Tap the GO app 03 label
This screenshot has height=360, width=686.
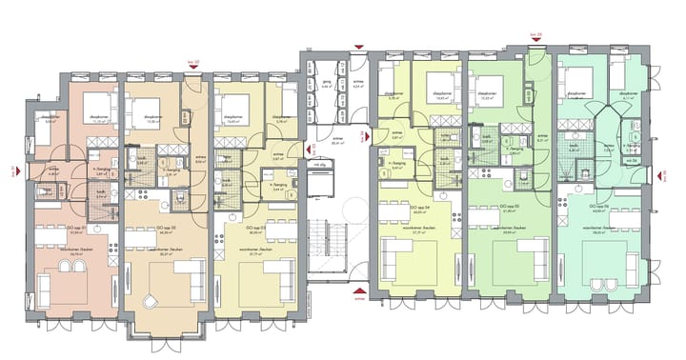tap(255, 229)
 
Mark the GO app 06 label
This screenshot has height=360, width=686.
tap(601, 207)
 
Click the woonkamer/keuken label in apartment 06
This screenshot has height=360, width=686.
tap(606, 229)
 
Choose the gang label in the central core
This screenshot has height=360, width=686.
tap(325, 84)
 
